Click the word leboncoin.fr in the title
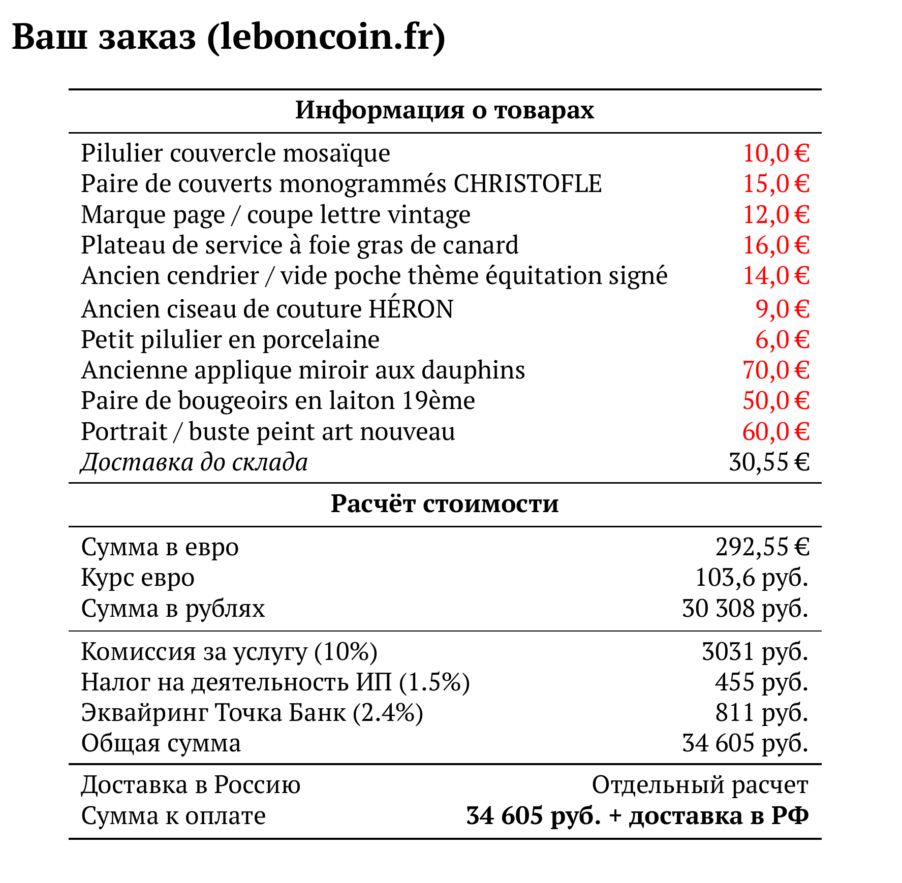coord(326,37)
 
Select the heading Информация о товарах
coord(445,110)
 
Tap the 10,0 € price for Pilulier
coord(775,153)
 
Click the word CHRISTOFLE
coord(527,183)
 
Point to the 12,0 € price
coord(775,214)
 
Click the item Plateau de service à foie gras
coord(300,245)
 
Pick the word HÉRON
coord(411,309)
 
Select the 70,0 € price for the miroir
coord(775,370)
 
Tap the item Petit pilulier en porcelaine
coord(230,339)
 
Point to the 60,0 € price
coord(775,431)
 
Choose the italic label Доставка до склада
coord(194,462)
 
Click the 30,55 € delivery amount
coord(769,462)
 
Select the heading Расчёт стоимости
coord(445,503)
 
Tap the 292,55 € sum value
coord(762,547)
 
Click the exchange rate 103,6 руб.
coord(751,578)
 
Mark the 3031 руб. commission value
coord(755,651)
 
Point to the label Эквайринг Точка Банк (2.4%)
coord(252,712)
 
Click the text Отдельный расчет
coord(700,785)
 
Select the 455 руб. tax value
coord(761,682)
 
